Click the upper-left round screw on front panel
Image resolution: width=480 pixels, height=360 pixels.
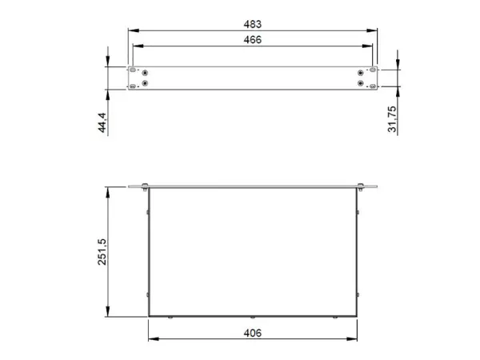click(x=146, y=72)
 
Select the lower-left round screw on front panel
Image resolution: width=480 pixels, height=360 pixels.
click(x=146, y=83)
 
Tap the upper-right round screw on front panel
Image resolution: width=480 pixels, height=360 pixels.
click(x=362, y=72)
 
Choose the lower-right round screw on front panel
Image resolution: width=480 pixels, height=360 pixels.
click(x=362, y=83)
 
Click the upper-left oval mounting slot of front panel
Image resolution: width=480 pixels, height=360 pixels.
click(x=133, y=71)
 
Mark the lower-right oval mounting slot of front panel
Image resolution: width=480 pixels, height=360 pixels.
click(x=373, y=83)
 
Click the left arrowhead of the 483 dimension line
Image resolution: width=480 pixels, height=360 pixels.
click(x=131, y=30)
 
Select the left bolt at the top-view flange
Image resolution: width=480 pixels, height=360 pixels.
click(x=144, y=189)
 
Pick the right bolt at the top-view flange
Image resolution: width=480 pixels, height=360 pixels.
click(x=360, y=189)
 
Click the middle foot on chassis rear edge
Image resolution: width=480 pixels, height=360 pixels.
click(x=252, y=318)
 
